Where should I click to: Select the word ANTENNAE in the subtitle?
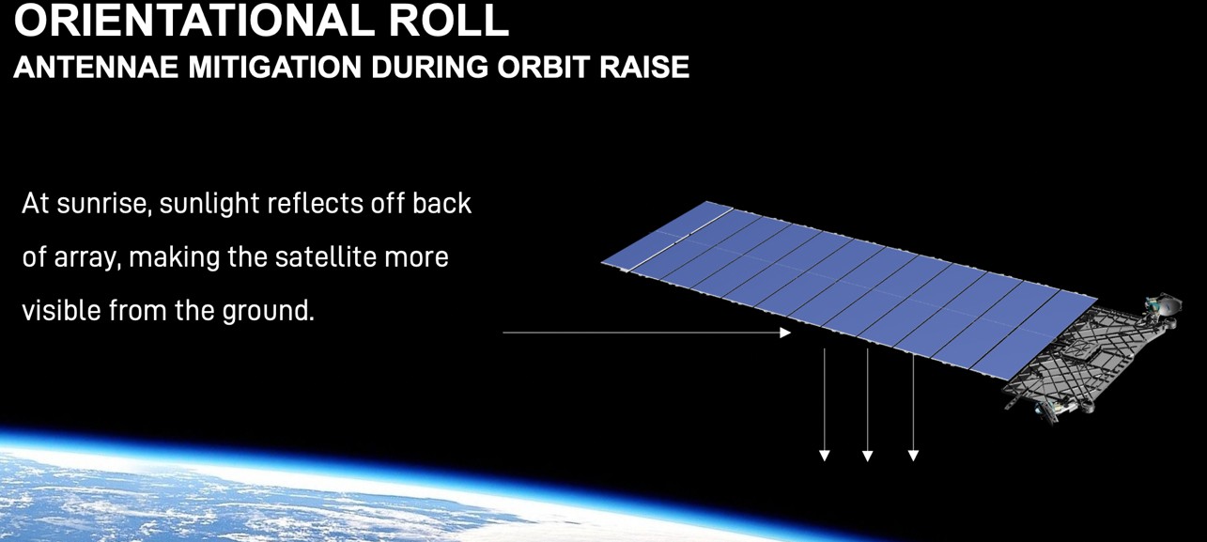click(x=96, y=68)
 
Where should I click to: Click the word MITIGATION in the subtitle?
click(x=275, y=68)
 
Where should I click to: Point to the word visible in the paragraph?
click(x=61, y=310)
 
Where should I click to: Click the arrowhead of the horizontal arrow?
click(x=785, y=333)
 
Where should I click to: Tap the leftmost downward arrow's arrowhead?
click(x=825, y=456)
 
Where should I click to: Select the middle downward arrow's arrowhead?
click(x=868, y=456)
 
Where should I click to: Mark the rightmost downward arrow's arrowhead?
click(x=913, y=456)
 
